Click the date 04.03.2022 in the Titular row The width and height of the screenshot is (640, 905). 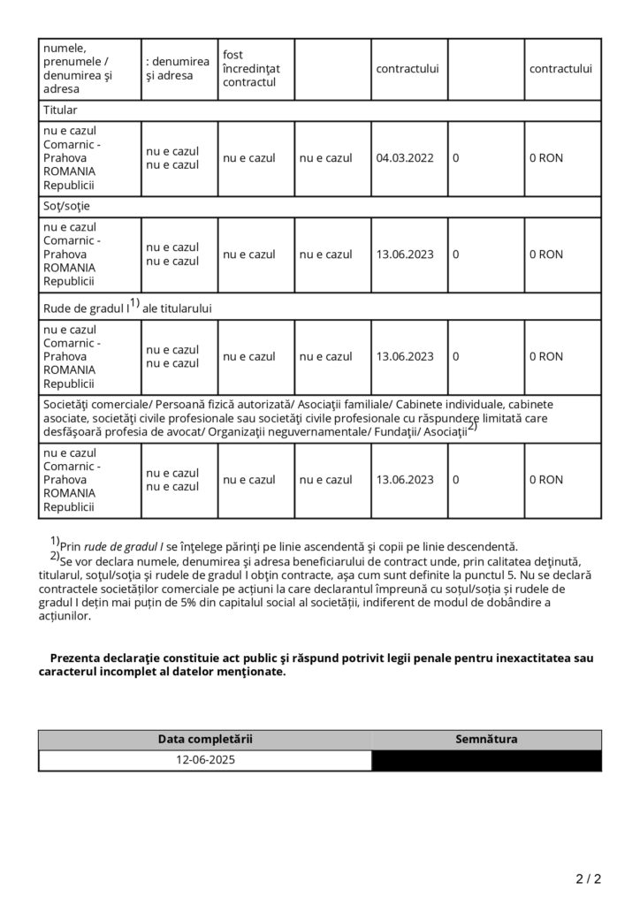[x=405, y=159]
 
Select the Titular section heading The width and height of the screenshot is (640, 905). [x=60, y=110]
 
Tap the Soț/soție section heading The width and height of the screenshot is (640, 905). [x=66, y=206]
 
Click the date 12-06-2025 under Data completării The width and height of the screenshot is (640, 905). [x=205, y=759]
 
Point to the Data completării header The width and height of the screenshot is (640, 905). [x=205, y=739]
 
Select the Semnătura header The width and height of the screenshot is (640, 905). [x=486, y=739]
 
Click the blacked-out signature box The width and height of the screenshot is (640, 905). [x=486, y=759]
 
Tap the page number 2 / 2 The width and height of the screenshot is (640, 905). [x=588, y=878]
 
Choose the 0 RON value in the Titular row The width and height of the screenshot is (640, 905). [x=545, y=159]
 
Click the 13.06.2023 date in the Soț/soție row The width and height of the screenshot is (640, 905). [x=405, y=255]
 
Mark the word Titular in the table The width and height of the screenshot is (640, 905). [x=60, y=110]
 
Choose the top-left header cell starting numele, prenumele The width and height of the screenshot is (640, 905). [x=88, y=68]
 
